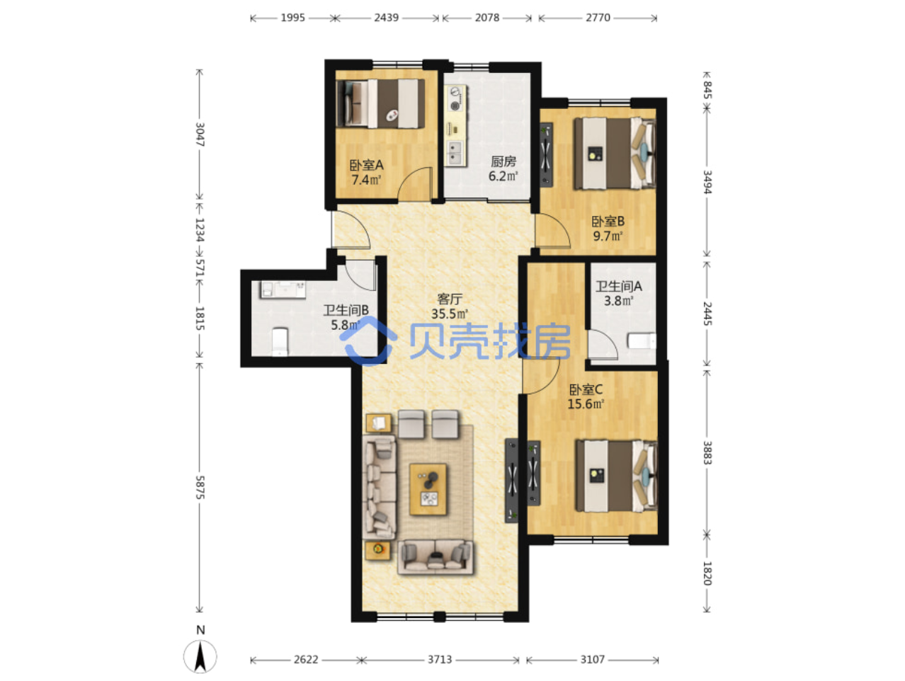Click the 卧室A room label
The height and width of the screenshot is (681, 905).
click(x=366, y=165)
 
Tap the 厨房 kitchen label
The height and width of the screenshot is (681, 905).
click(x=503, y=161)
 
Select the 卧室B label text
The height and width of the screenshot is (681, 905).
click(x=608, y=222)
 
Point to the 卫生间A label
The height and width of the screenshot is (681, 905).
click(x=618, y=286)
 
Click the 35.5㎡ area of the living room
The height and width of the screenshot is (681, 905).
click(x=450, y=314)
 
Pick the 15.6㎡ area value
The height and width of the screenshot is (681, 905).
click(x=586, y=404)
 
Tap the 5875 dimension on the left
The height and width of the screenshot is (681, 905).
click(x=200, y=487)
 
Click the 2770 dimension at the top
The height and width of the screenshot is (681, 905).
click(x=598, y=18)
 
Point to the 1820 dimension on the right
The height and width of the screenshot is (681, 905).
click(x=707, y=573)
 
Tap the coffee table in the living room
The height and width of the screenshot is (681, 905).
click(x=428, y=489)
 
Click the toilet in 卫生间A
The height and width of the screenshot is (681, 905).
click(x=642, y=340)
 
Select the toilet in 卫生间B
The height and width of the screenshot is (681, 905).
click(x=280, y=341)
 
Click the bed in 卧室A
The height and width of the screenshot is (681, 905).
click(x=380, y=104)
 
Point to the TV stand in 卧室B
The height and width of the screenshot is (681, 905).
click(x=546, y=154)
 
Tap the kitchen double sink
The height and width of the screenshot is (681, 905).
click(x=455, y=152)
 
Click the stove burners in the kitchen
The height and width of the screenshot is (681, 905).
click(x=455, y=99)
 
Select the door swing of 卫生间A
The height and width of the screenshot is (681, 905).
click(x=603, y=345)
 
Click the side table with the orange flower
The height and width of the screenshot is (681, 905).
click(x=377, y=551)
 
